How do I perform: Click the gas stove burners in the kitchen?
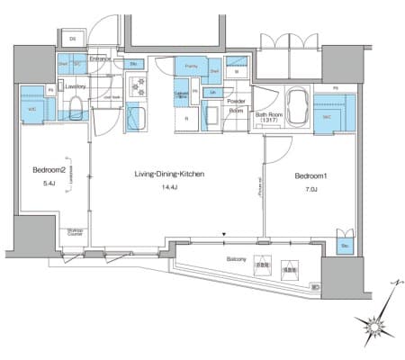click(x=139, y=86)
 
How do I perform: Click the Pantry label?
click(x=191, y=67)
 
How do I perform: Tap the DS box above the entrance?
click(x=71, y=39)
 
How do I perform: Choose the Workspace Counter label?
click(x=76, y=232)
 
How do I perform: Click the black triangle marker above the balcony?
click(x=225, y=238)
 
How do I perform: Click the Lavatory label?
click(x=75, y=87)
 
